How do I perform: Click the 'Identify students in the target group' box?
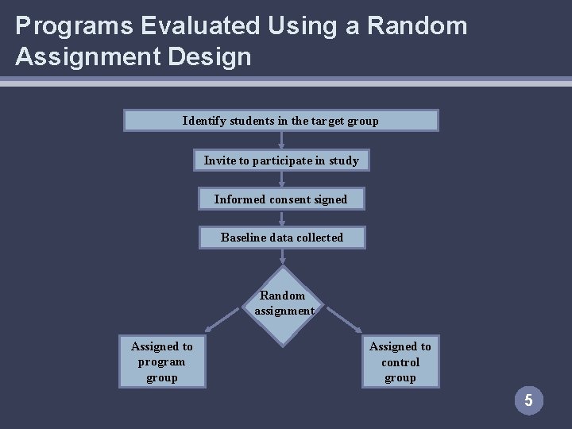coord(280,121)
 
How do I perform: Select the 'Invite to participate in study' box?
coord(281,160)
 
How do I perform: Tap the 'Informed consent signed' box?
coord(281,199)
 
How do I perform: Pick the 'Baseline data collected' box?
coord(282,238)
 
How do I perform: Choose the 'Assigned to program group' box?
coord(162,361)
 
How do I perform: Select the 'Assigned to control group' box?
coord(400,361)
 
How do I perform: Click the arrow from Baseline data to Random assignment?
coord(283,257)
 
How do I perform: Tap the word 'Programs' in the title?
coord(61,26)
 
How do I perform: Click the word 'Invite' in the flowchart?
coord(218,160)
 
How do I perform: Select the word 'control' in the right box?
coord(400,361)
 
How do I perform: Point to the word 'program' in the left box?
coord(162,361)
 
